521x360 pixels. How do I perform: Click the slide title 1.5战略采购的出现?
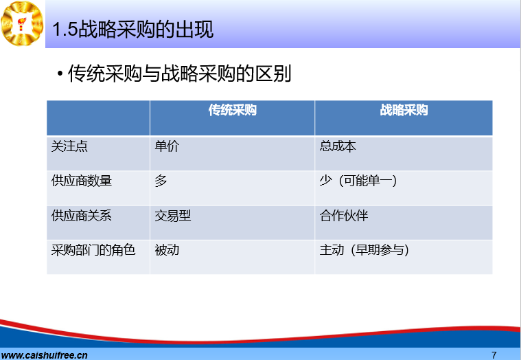pos(132,30)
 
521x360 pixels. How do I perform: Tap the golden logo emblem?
pos(22,23)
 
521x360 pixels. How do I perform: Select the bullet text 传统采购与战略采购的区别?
pos(179,73)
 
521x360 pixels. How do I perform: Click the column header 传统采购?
pos(232,110)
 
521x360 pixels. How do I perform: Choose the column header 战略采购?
pos(404,110)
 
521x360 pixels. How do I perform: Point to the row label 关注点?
pos(69,146)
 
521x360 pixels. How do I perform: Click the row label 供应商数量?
pos(82,181)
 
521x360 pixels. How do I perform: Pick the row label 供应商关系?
pos(82,216)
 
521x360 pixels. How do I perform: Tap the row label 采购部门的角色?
pos(93,250)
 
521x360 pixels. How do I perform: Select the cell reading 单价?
pos(167,146)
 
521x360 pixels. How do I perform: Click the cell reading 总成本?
pos(338,146)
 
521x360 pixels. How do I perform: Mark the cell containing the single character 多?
pos(161,181)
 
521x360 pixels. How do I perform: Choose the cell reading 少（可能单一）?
pos(358,181)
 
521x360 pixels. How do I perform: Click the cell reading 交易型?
pos(173,216)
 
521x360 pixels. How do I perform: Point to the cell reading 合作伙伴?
pos(344,216)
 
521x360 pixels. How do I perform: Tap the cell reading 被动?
pos(167,250)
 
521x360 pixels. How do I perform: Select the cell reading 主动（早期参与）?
pos(364,250)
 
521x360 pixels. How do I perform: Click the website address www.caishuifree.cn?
pos(44,355)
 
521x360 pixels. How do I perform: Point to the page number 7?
pos(494,355)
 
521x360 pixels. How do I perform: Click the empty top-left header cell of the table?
pos(98,117)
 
